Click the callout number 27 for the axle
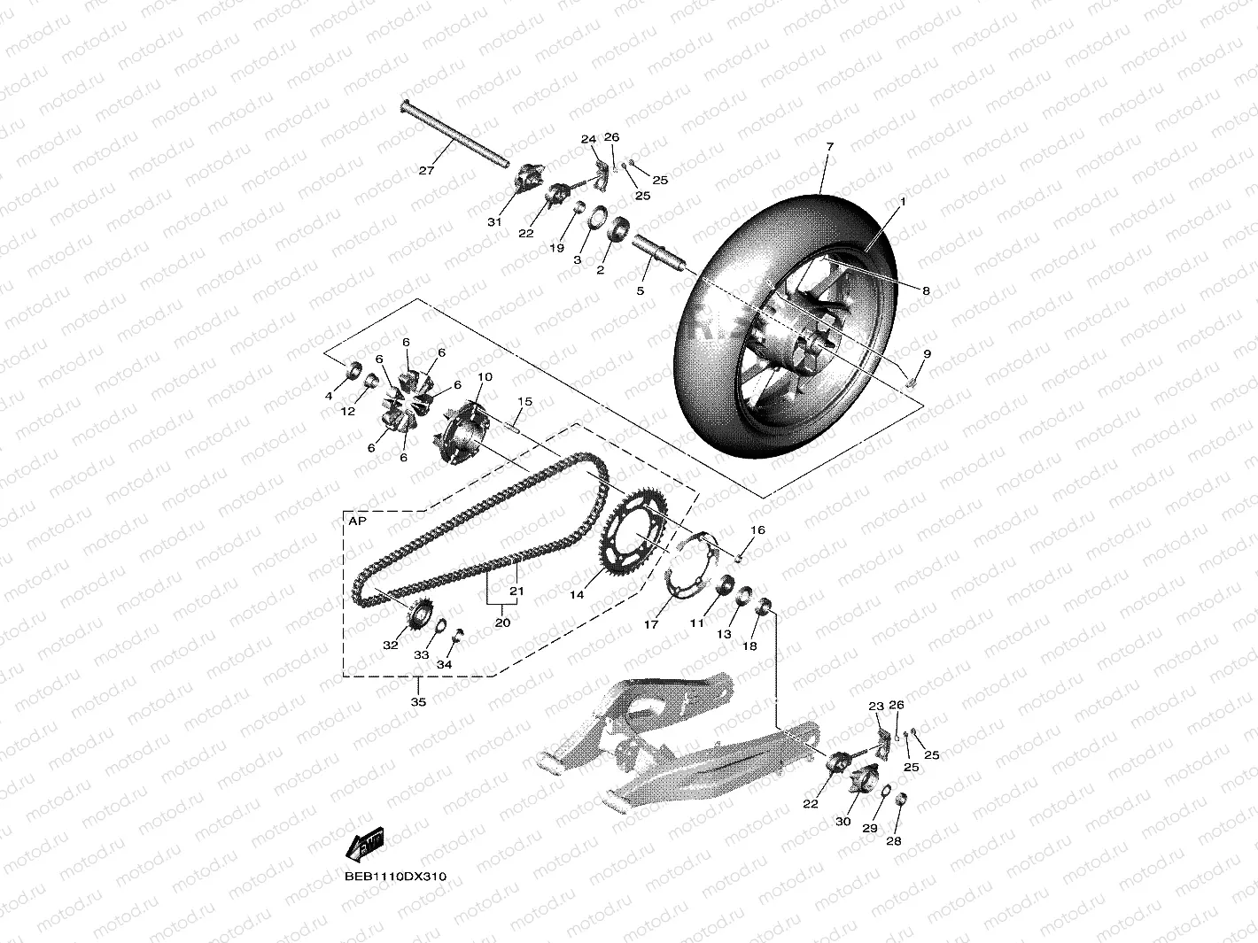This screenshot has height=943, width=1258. click(x=426, y=171)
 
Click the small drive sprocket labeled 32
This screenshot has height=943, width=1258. click(x=421, y=613)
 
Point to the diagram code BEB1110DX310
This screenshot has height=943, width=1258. click(x=396, y=877)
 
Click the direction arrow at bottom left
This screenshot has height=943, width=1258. click(x=364, y=844)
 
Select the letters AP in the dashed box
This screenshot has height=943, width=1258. click(x=357, y=522)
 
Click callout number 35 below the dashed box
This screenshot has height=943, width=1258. click(x=418, y=701)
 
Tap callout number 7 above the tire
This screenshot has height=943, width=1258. click(x=829, y=145)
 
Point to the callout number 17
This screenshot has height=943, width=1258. click(x=651, y=624)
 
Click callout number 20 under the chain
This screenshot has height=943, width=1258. click(x=502, y=622)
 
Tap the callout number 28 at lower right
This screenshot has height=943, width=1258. click(x=893, y=840)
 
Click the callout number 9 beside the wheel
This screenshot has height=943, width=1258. click(x=927, y=353)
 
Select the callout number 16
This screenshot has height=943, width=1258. click(x=757, y=530)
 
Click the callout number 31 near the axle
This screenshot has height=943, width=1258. click(x=494, y=221)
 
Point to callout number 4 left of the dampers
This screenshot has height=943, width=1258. click(x=329, y=395)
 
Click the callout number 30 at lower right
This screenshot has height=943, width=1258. click(x=843, y=821)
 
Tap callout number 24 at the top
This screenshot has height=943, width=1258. click(x=589, y=140)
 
